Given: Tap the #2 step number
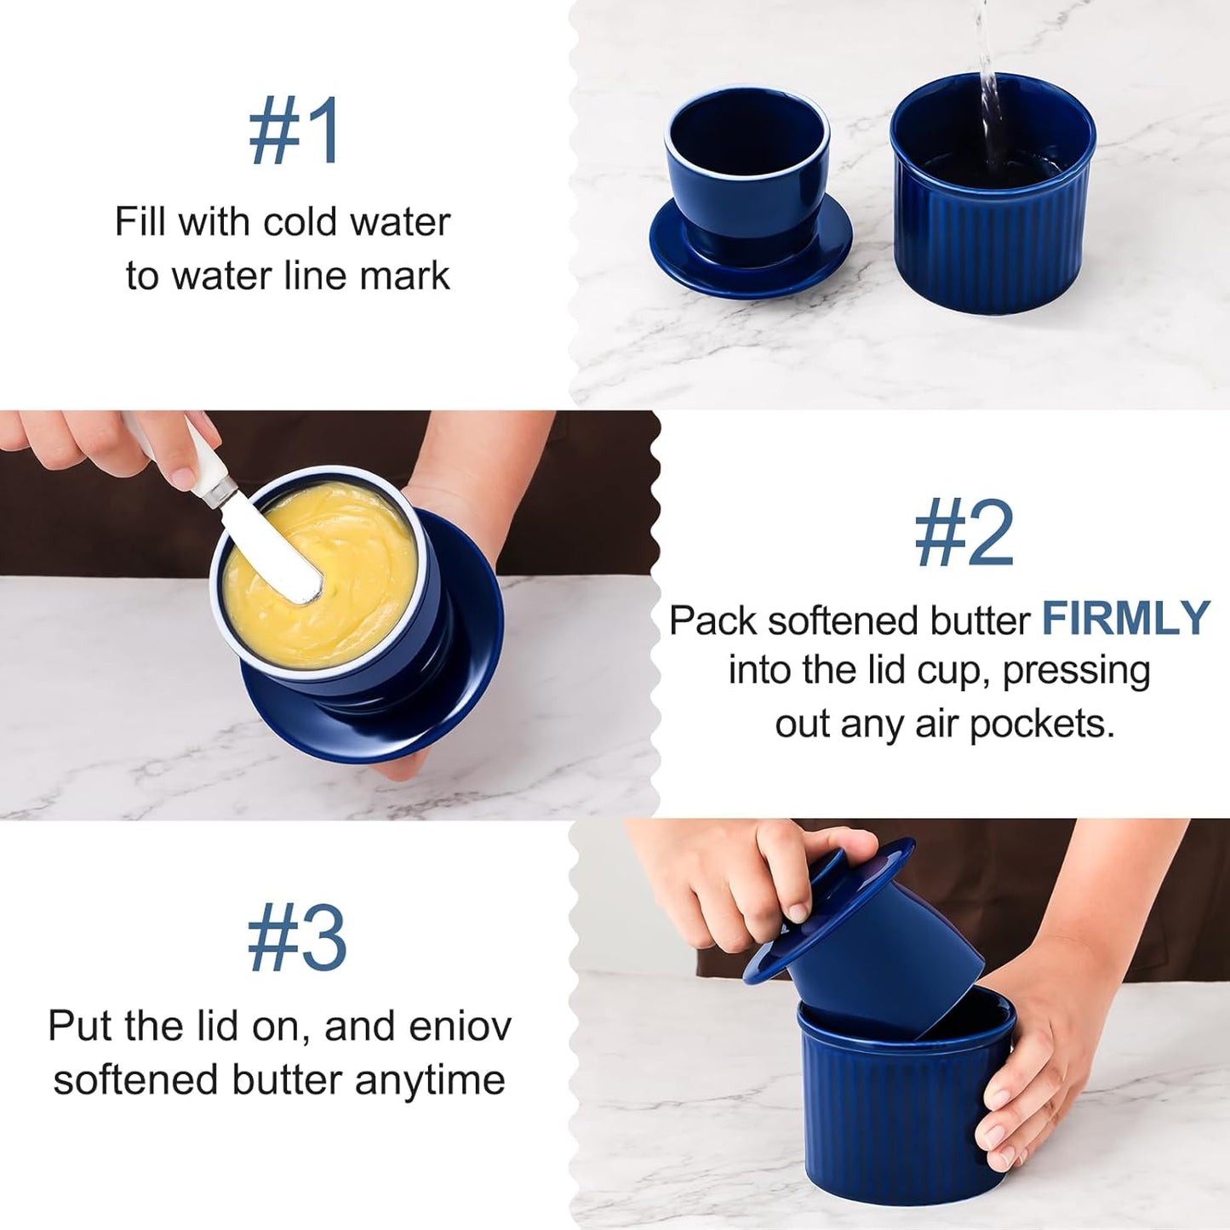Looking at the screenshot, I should click(964, 534).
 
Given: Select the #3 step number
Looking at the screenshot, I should click(296, 938).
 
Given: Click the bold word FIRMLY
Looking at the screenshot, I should click(1125, 619).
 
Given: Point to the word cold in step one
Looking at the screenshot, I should click(297, 222).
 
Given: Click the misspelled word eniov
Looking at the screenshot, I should click(460, 1027).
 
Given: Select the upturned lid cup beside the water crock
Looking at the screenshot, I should click(748, 192).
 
